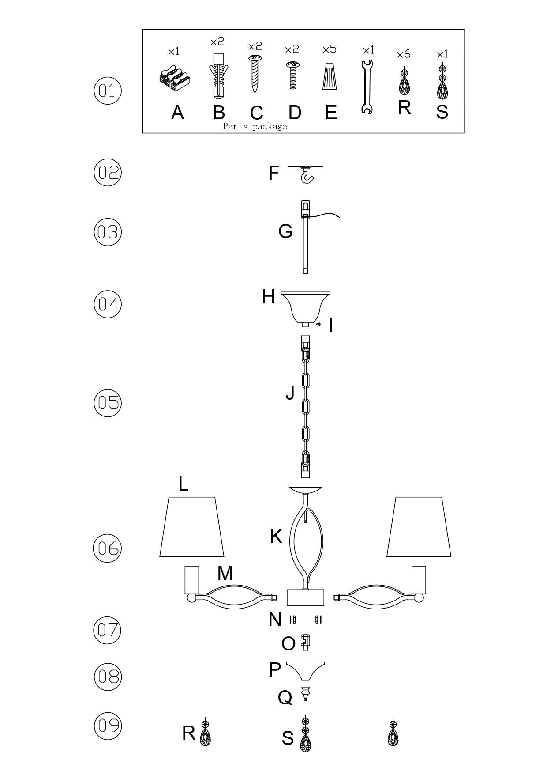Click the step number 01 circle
click(x=107, y=91)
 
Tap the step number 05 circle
click(x=107, y=403)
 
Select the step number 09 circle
click(x=108, y=725)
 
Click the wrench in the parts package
click(x=367, y=87)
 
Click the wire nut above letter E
click(x=329, y=76)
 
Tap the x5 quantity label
click(x=329, y=49)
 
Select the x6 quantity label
click(x=403, y=54)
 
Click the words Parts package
click(x=255, y=127)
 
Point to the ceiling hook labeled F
click(x=306, y=174)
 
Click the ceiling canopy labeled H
click(x=306, y=306)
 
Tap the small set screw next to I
click(x=318, y=325)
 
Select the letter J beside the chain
click(x=290, y=392)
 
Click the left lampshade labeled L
click(x=191, y=527)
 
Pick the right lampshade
click(x=419, y=527)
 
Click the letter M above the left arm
click(x=225, y=574)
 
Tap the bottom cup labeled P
click(x=305, y=671)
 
